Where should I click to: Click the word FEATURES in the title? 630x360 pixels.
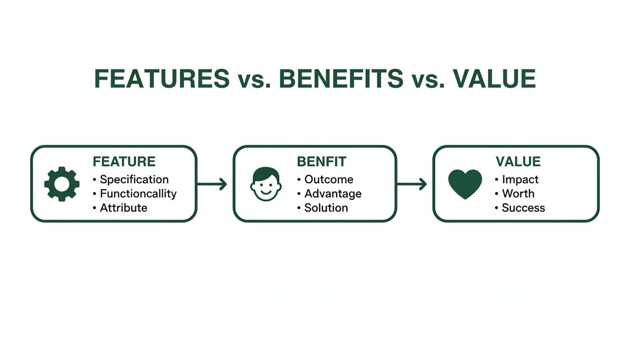click(x=162, y=79)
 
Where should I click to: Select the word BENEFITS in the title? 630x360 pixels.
click(x=341, y=79)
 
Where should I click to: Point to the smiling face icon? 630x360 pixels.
click(x=266, y=184)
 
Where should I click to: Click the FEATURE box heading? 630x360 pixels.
click(x=124, y=162)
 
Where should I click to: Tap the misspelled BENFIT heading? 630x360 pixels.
click(x=322, y=162)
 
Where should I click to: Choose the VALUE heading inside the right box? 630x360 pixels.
click(x=518, y=162)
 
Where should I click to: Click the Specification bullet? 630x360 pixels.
click(x=134, y=180)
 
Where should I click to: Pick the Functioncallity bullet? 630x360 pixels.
click(x=138, y=194)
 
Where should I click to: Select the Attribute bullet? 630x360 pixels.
click(x=123, y=208)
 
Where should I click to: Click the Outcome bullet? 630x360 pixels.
click(x=329, y=180)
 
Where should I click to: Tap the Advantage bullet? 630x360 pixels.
click(x=333, y=194)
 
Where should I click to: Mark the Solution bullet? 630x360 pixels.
click(x=326, y=208)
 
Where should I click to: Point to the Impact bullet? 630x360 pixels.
click(x=520, y=180)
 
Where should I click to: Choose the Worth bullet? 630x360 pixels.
click(x=518, y=194)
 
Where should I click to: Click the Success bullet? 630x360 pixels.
click(x=523, y=208)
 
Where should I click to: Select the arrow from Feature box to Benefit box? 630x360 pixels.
click(x=212, y=184)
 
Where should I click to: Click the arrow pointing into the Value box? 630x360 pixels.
click(x=412, y=184)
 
